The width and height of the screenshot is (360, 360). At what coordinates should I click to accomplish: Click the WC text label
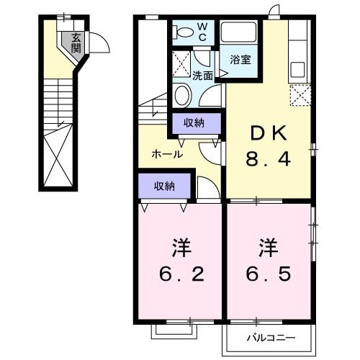click(x=202, y=32)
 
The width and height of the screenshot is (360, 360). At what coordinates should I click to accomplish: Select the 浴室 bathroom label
click(x=240, y=60)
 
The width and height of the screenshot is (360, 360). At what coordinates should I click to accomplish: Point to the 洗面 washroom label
click(x=202, y=74)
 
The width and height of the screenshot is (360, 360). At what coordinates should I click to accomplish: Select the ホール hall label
click(x=166, y=153)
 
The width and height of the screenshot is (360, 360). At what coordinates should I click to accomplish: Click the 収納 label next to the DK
click(x=193, y=123)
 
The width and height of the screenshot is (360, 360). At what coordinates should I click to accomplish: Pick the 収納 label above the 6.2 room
click(x=164, y=186)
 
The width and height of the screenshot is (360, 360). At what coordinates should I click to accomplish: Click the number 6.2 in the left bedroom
click(x=181, y=275)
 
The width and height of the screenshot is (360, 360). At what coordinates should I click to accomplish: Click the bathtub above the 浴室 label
click(x=240, y=32)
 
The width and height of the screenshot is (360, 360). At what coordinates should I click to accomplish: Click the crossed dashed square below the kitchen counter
click(x=300, y=94)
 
